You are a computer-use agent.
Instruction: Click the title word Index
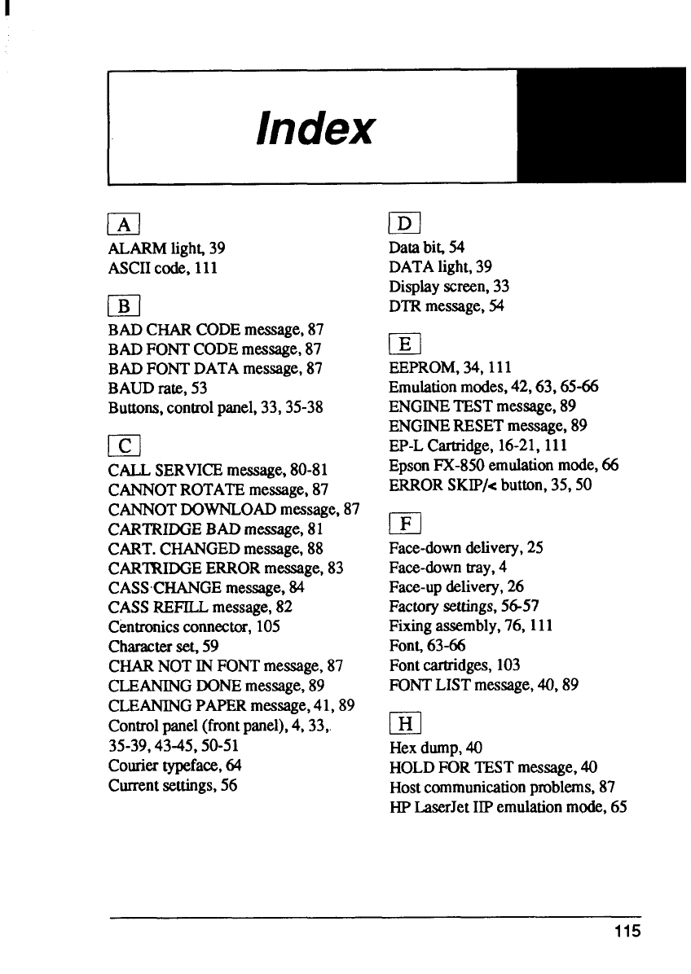click(x=316, y=127)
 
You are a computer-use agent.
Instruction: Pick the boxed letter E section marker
click(x=405, y=342)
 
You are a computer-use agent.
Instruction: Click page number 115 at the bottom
click(x=628, y=932)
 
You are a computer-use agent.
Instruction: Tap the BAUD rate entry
click(x=147, y=388)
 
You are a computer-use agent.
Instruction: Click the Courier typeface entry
click(x=174, y=766)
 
